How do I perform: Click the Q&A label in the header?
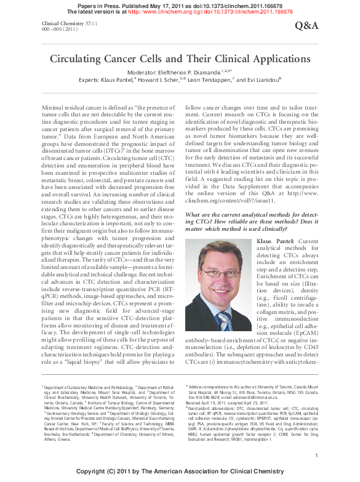[x=307, y=25]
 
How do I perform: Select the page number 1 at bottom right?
[x=316, y=455]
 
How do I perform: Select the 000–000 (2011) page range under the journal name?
[x=60, y=28]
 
